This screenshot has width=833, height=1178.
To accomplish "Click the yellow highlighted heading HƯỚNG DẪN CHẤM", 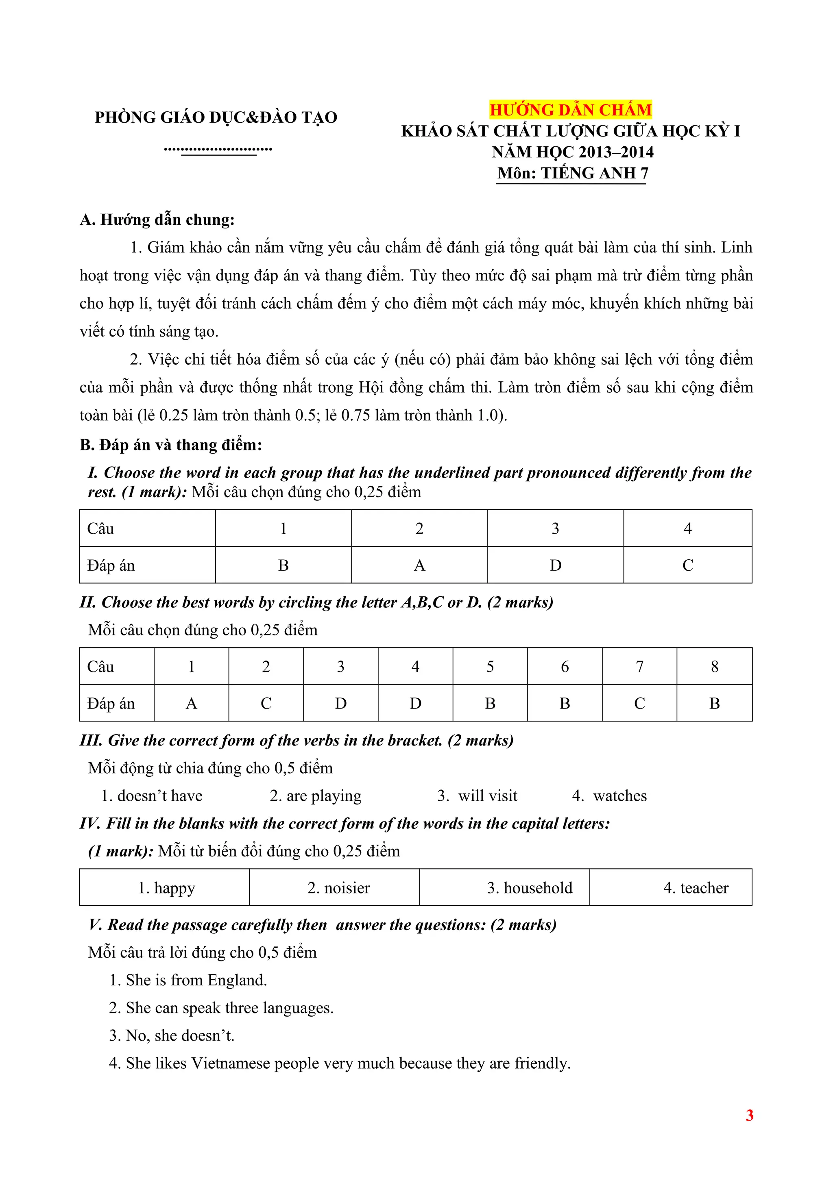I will [570, 110].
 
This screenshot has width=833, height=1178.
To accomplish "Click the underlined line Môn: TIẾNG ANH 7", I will [572, 173].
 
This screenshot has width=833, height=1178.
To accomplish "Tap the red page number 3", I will [749, 1115].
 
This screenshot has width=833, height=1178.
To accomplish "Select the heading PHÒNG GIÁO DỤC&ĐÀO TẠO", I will [216, 117].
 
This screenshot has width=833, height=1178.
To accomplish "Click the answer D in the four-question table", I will [555, 565].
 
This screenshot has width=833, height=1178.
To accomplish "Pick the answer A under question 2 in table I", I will [419, 565].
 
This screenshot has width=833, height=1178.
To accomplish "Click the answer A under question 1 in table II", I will [192, 703].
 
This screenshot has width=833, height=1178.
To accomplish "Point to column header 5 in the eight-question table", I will [490, 667].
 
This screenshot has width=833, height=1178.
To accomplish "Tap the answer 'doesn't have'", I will [159, 796].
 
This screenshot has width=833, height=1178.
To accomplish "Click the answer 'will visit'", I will [488, 796].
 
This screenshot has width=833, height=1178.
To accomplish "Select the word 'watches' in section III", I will [619, 796].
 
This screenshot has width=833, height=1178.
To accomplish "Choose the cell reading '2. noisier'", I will [339, 888].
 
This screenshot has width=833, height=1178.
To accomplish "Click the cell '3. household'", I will [530, 888].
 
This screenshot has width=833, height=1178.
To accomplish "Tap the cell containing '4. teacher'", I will [696, 888].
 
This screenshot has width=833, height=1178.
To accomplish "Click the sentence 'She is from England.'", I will [196, 980].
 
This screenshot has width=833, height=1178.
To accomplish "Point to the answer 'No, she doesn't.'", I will [180, 1036].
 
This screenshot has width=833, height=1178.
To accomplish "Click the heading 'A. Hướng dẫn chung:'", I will [157, 220].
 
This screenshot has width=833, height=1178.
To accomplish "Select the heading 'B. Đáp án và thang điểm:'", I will [171, 445].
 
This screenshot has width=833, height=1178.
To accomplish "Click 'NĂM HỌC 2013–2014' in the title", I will [572, 152].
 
